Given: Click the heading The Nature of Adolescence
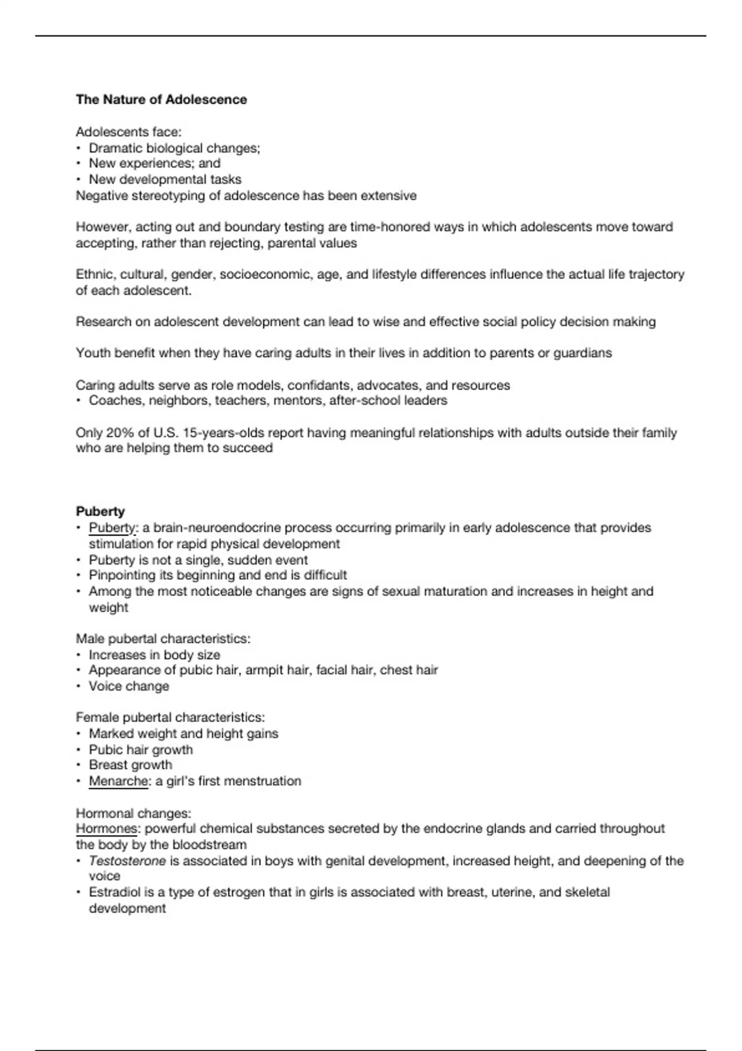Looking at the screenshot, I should pos(161,100).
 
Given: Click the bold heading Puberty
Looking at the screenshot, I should pos(100,511).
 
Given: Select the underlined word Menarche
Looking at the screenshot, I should pos(118,781).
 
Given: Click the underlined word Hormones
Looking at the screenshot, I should pos(106,828).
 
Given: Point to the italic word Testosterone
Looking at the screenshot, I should pos(127,861).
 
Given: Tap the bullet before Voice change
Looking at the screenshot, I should pos(79,686).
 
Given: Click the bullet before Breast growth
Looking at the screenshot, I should pos(79,765).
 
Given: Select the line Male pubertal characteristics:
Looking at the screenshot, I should pos(163,639).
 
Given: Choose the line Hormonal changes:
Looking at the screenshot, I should pos(133,813).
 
